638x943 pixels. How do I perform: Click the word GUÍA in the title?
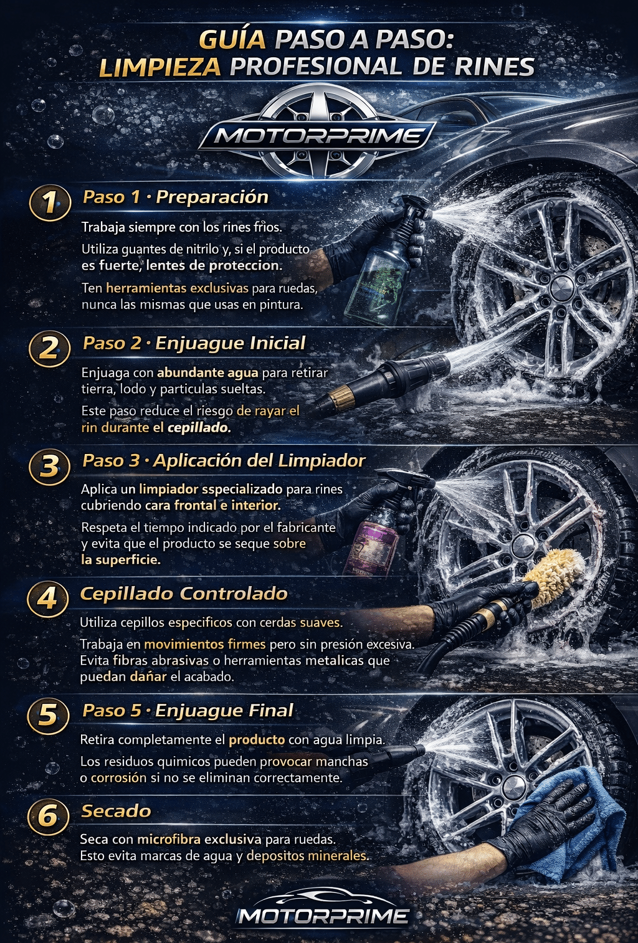click(x=232, y=40)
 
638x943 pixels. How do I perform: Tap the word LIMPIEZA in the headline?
click(x=160, y=67)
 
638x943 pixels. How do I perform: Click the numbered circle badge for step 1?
click(x=50, y=202)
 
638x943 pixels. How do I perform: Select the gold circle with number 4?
click(x=47, y=598)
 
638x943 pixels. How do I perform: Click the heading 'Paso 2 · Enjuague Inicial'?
click(x=194, y=343)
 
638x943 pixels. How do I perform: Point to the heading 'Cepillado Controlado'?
click(x=184, y=594)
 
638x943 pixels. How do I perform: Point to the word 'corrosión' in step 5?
click(x=119, y=777)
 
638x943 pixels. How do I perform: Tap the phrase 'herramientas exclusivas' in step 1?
click(x=178, y=288)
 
